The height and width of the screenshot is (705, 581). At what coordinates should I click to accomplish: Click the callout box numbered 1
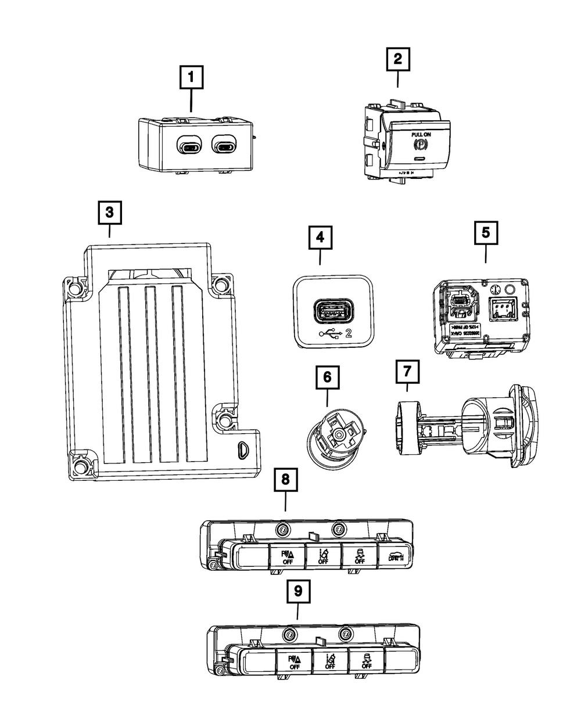pos(192,77)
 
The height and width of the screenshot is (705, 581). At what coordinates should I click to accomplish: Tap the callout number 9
pos(298,592)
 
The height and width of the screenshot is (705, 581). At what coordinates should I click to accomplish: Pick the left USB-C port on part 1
pos(189,145)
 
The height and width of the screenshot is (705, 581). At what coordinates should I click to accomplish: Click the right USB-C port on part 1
pos(225,145)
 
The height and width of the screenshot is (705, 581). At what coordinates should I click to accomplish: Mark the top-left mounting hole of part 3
pos(74,287)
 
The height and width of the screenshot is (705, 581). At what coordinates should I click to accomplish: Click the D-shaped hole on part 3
pos(241,450)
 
